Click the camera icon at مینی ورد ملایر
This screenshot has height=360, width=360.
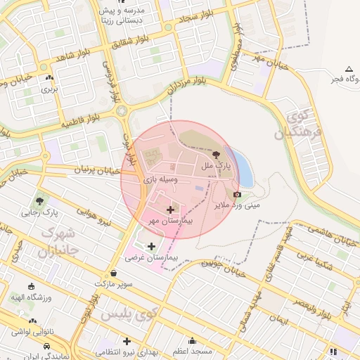[237, 194]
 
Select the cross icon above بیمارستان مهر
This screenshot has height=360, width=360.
[171, 210]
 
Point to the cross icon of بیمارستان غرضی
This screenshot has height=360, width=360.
[152, 245]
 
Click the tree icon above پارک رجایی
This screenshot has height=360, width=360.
[40, 201]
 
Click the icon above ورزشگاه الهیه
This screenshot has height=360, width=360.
[32, 286]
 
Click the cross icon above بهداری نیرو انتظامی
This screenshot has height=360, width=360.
[127, 341]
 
